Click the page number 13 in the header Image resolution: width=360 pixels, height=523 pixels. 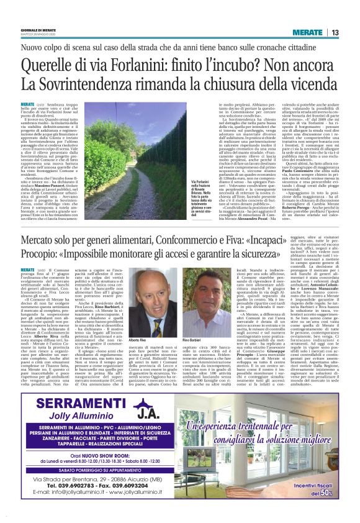(335, 32)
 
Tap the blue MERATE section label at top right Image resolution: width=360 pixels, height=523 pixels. (307, 32)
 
